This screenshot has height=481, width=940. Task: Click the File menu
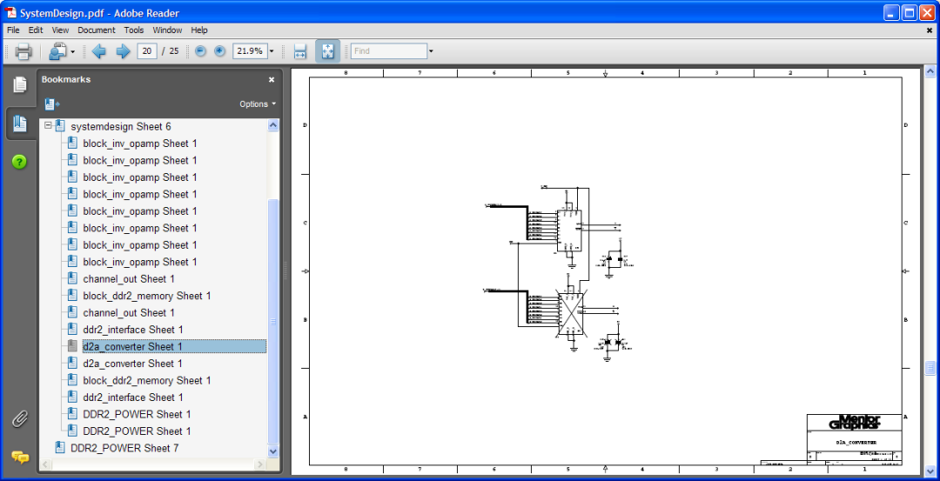point(13,30)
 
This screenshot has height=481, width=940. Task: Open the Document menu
point(96,30)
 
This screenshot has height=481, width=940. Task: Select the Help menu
point(199,30)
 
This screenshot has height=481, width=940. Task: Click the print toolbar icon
point(23,51)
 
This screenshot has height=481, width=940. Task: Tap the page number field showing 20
point(146,51)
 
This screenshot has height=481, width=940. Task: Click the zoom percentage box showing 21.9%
point(249,51)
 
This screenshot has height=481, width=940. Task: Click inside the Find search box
point(387,51)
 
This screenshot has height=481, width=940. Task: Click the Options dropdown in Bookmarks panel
point(257,104)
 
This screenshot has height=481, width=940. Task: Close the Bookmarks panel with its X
point(272,79)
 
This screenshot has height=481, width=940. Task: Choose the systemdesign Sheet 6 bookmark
point(120,126)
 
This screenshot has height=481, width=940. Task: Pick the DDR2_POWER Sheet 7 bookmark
point(124,448)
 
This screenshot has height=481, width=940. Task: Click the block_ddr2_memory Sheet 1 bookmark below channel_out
point(146,296)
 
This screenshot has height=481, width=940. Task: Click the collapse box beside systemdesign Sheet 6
point(48,126)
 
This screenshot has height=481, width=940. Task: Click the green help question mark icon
point(19,162)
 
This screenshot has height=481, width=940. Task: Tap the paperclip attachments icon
point(19,419)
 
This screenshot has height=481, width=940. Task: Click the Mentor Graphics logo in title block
point(854,422)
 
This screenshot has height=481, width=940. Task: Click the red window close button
point(927,12)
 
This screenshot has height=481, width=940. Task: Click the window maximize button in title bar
point(910,12)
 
